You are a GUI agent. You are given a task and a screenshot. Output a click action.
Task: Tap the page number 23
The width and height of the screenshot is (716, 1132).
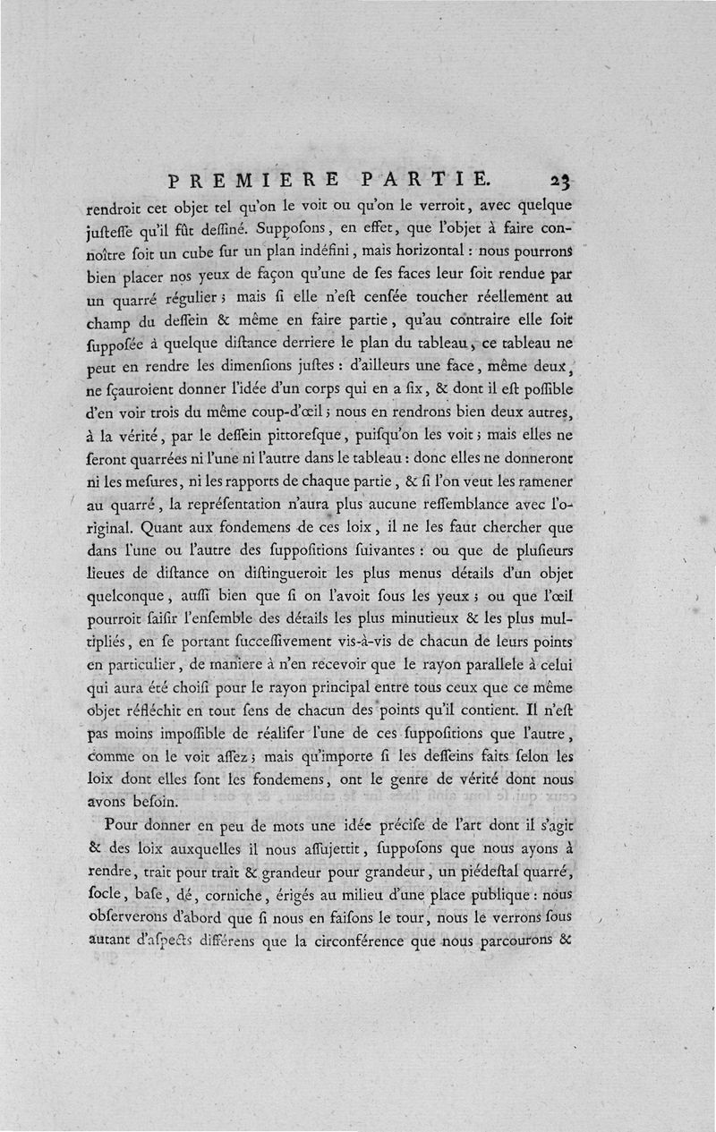click(x=561, y=180)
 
